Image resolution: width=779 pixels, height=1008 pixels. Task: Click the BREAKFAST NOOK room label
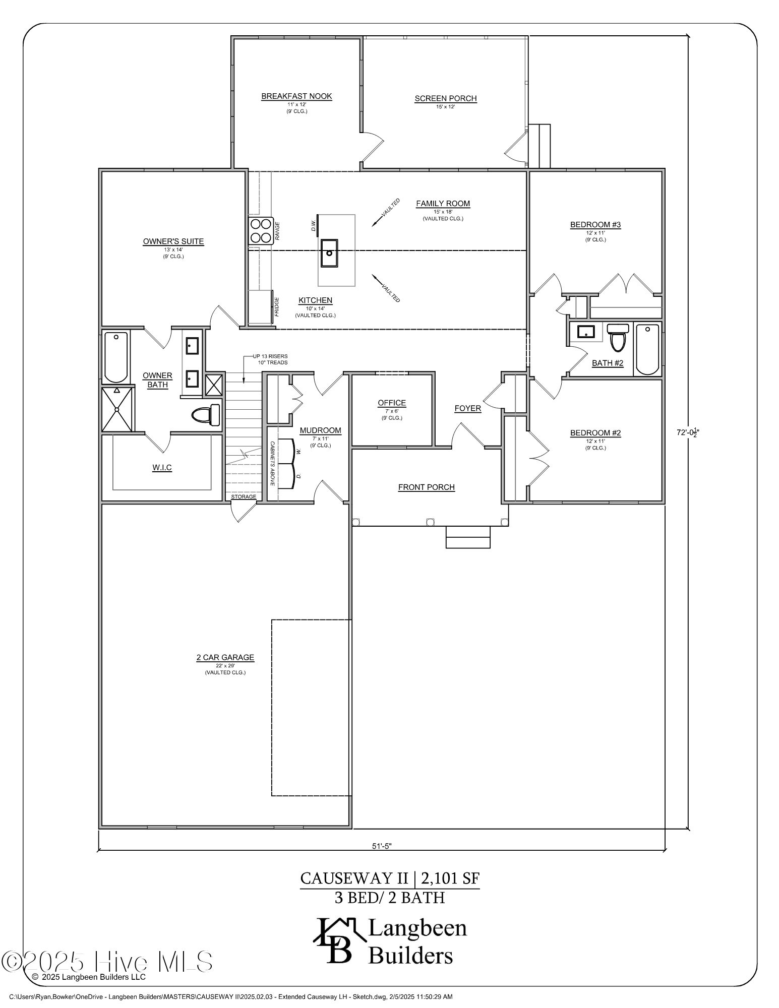tap(296, 96)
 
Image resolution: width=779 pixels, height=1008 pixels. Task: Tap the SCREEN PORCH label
tap(445, 99)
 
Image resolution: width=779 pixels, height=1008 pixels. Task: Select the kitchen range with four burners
tap(261, 230)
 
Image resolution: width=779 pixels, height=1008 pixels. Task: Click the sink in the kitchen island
tap(329, 253)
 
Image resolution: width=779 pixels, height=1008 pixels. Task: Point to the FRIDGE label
tap(277, 307)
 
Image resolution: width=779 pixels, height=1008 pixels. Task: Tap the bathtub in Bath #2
tap(647, 349)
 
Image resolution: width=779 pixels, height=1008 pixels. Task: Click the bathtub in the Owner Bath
tap(116, 356)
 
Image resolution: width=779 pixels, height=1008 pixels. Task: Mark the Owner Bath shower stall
tap(117, 409)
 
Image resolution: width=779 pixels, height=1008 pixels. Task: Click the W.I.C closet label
tap(162, 468)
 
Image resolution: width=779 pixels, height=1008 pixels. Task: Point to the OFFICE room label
tap(392, 403)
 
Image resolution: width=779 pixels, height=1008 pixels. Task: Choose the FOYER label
tap(467, 408)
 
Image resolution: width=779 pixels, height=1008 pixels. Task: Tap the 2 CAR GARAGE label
tap(225, 657)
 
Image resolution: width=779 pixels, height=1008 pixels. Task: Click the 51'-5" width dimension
tap(382, 846)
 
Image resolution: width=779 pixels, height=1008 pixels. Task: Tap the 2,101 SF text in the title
tap(450, 878)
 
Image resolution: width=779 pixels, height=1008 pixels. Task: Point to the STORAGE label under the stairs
tap(244, 497)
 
